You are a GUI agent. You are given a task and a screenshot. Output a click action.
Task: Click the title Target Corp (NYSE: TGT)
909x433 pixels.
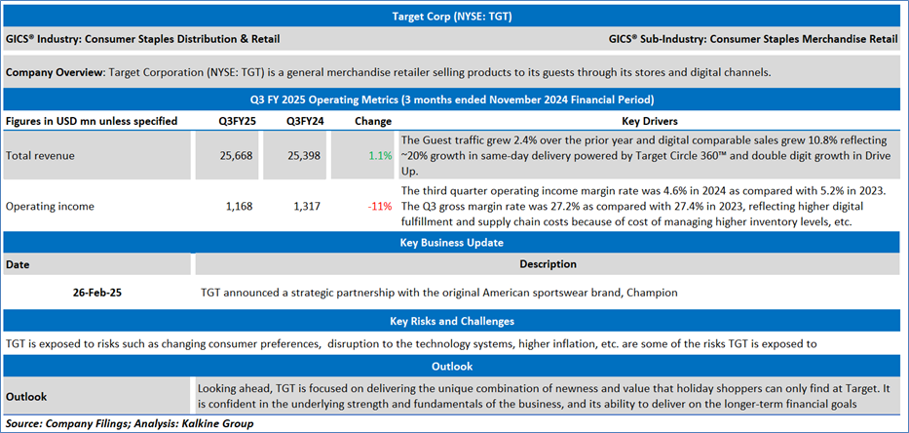[453, 16]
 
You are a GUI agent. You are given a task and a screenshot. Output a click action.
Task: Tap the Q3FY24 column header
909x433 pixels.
[304, 121]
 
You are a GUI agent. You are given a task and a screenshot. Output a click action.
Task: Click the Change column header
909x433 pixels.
[365, 121]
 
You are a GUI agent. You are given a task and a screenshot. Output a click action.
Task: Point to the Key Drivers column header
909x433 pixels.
[650, 121]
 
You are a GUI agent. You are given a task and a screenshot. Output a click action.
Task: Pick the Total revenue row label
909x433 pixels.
[40, 155]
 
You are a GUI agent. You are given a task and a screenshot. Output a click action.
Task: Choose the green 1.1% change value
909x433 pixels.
[380, 155]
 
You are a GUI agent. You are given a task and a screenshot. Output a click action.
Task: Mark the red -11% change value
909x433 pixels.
[379, 206]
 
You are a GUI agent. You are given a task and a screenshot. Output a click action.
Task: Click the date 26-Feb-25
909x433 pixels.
[97, 291]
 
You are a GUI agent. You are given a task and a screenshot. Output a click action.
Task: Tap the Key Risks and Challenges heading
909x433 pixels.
[453, 320]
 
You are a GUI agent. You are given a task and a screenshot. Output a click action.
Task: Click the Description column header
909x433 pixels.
[548, 264]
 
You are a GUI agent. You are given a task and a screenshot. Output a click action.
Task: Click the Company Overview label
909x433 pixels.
[55, 73]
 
